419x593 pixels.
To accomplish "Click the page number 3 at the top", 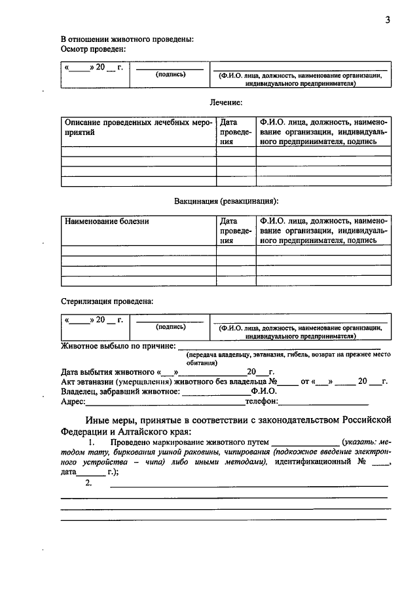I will [388, 20].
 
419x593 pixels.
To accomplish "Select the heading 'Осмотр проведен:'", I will [94, 49].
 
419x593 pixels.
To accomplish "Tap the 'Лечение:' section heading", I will [227, 103].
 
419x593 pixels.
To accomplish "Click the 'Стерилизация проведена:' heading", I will [107, 301].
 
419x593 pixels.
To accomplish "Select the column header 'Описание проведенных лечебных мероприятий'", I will [138, 127].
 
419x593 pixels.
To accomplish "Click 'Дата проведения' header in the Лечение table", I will [236, 132].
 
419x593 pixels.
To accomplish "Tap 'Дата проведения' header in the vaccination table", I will [236, 231].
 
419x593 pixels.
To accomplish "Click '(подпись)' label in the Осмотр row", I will [170, 75].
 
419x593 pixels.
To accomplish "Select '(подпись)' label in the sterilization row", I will [170, 326].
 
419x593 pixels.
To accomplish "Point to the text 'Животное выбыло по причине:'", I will [118, 345].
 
